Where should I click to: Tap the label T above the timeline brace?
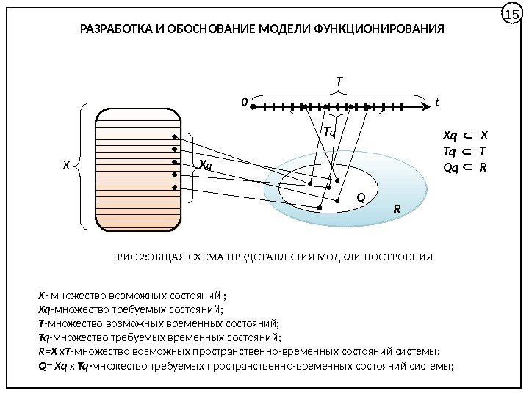[x=339, y=81]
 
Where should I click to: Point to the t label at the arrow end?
[x=436, y=103]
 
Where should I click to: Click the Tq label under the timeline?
[x=329, y=133]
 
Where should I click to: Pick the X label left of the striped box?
[x=65, y=166]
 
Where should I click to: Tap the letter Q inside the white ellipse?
[x=361, y=197]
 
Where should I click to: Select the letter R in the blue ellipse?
[x=396, y=210]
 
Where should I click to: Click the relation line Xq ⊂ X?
[x=464, y=135]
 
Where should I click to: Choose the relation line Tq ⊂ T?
[x=464, y=151]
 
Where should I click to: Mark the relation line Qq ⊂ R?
[x=464, y=167]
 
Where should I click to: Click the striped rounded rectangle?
[x=138, y=166]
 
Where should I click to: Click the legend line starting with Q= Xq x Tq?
[x=246, y=364]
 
